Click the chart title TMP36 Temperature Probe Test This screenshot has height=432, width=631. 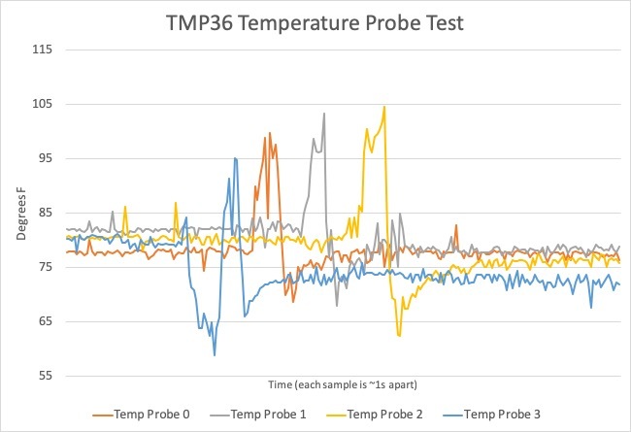(315, 22)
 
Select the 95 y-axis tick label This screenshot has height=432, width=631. (44, 158)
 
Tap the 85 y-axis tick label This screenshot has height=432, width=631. (44, 213)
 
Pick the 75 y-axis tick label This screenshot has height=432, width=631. (44, 267)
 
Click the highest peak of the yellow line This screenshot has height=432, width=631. (384, 107)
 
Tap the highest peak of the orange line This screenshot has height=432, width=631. (268, 135)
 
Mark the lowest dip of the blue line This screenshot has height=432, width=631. (215, 355)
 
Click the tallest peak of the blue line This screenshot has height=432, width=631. (235, 158)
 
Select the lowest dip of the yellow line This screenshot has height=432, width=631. (399, 336)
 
